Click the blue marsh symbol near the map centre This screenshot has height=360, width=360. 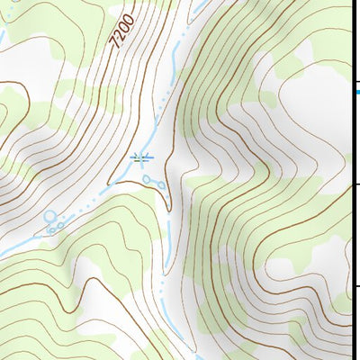[142, 158]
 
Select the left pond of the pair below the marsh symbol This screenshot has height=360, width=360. [148, 180]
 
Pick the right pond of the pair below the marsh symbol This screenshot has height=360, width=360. [160, 185]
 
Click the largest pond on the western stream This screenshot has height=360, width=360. [50, 217]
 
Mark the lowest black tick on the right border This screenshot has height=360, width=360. [356, 287]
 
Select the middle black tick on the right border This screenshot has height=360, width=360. [356, 185]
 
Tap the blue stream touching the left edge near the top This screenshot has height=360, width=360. [2, 36]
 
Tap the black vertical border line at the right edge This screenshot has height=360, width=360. [359, 225]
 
